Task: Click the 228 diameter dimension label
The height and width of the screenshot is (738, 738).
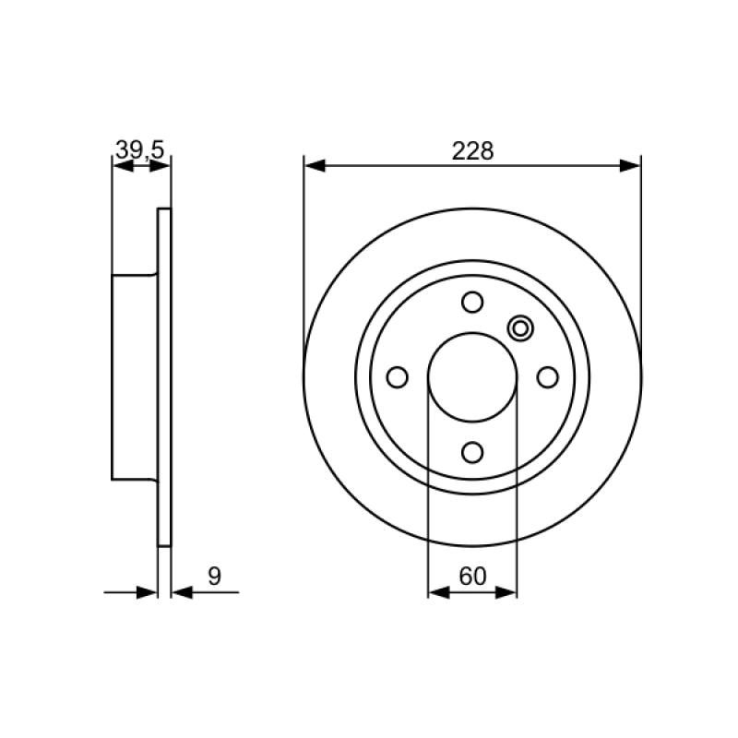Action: [x=472, y=151]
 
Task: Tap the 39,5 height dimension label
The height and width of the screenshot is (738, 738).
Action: [x=140, y=150]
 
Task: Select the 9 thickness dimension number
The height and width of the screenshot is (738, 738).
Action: [x=214, y=576]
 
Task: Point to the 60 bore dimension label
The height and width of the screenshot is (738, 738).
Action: [x=472, y=576]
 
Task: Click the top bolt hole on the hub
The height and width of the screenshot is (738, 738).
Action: [x=472, y=302]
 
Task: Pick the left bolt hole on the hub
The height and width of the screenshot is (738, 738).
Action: [x=397, y=377]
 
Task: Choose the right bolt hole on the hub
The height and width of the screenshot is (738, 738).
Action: [x=547, y=377]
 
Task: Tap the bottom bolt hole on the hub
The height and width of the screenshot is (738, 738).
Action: [x=472, y=452]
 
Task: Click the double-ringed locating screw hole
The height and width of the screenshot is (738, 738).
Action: [x=520, y=328]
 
